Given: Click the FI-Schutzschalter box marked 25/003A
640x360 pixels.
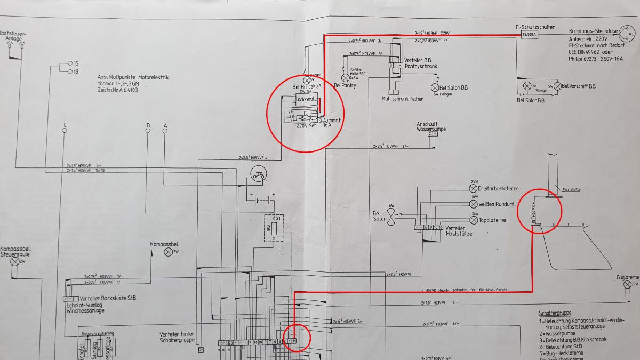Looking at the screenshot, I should coord(529,35).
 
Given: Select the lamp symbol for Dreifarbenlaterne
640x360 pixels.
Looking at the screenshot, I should coord(473,188).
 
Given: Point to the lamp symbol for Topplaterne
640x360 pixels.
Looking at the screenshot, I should coord(473,220).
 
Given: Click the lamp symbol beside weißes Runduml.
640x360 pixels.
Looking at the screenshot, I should coord(473,204).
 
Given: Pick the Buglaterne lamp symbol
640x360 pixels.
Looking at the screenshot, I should coord(627,285).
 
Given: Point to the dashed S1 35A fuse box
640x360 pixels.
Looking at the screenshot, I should coord(275,228).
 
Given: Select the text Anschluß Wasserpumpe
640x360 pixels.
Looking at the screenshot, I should coord(431,126).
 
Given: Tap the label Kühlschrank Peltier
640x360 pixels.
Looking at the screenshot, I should coord(403,99).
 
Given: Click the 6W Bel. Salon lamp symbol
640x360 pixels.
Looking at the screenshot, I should coord(391,216).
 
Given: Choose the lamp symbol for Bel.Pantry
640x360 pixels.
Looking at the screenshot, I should coord(345,78).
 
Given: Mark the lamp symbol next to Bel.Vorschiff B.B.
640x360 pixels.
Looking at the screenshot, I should coord(557,86).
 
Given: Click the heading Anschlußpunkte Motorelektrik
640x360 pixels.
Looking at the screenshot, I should coord(133,77).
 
